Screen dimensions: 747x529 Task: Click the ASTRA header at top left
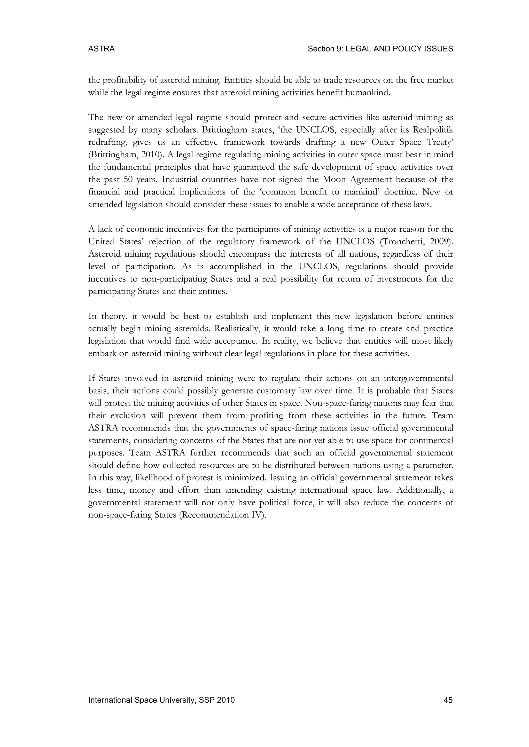coord(101,49)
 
